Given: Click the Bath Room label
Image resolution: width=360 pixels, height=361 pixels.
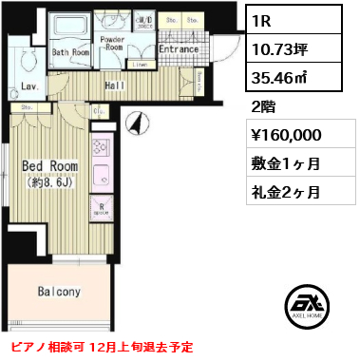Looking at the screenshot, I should [69, 53].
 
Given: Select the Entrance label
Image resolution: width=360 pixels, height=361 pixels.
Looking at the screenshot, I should [177, 48].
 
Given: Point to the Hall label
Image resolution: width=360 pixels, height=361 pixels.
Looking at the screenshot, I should [116, 85].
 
